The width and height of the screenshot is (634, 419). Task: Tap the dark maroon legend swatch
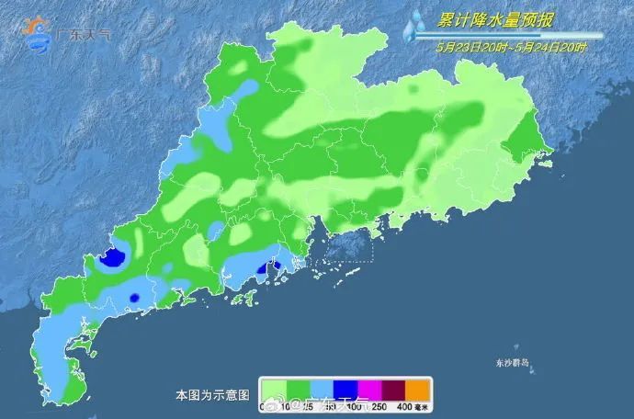click(x=391, y=389)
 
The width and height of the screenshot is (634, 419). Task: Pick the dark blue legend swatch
click(x=341, y=389)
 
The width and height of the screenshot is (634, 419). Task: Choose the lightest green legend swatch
click(x=272, y=389)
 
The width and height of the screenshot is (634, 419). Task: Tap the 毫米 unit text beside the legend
click(x=424, y=407)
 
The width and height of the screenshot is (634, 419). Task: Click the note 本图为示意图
click(x=212, y=395)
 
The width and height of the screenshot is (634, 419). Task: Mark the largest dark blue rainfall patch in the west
click(x=112, y=258)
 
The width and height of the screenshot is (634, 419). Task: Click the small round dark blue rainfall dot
click(x=134, y=298)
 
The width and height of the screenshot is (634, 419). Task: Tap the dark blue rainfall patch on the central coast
click(x=272, y=268)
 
